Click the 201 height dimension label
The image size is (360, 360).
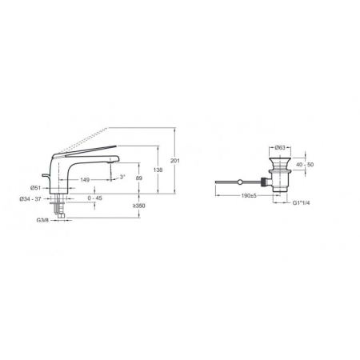point(175,161)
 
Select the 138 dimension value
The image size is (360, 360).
point(158,170)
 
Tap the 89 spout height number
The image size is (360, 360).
point(139,178)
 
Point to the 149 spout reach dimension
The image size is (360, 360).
point(85,180)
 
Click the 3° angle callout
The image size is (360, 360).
point(122,177)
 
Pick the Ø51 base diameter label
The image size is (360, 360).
point(35,188)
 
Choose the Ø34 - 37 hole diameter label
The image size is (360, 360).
point(30,198)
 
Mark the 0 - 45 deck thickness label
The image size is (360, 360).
point(95,198)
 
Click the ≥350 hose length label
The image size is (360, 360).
point(138,206)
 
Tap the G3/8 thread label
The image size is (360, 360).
point(42,220)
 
